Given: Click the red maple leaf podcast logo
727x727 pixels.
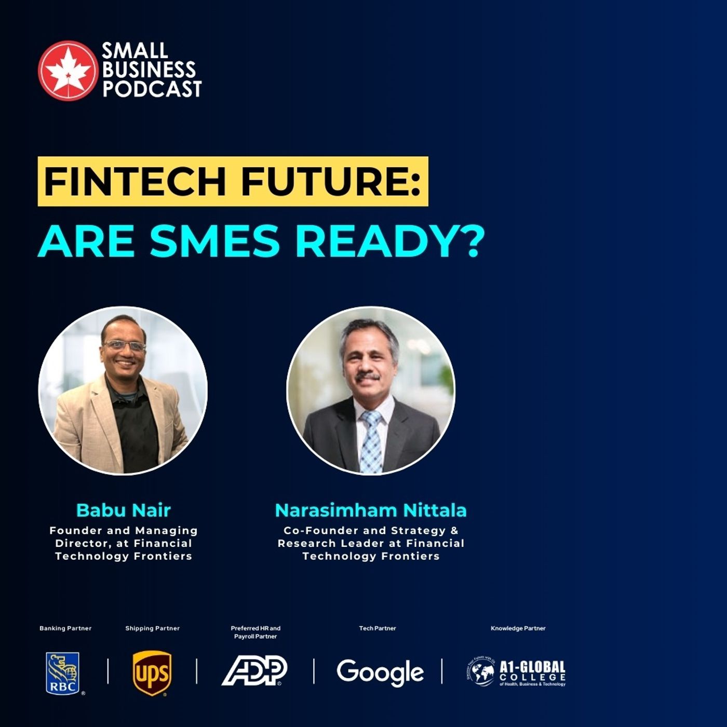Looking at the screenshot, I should coord(68,70).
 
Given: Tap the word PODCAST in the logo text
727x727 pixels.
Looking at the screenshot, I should coord(152,89).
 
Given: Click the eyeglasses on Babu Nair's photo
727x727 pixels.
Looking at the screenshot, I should coord(124,345).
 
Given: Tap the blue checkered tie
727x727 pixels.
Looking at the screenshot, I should coord(371,441).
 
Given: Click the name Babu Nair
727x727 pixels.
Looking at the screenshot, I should coord(124,510).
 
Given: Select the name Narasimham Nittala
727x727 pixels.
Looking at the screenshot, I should coord(371,510).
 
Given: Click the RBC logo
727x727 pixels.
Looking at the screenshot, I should coord(63,673).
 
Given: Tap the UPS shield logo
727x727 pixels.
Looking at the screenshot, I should coord(152,673).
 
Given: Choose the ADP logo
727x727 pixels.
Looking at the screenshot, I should coord(254,670).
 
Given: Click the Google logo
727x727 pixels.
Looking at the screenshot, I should coord(380,672).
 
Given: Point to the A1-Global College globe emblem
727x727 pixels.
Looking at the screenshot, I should coord(480,672).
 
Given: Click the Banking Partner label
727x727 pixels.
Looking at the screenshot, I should coord(65,628).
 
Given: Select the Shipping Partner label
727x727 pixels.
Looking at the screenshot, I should coord(152,628).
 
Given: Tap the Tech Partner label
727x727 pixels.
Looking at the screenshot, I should coord(378,628).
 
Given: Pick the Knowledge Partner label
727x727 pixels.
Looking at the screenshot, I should coord(518,628).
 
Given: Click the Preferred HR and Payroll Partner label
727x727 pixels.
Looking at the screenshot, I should coord(255,632).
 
